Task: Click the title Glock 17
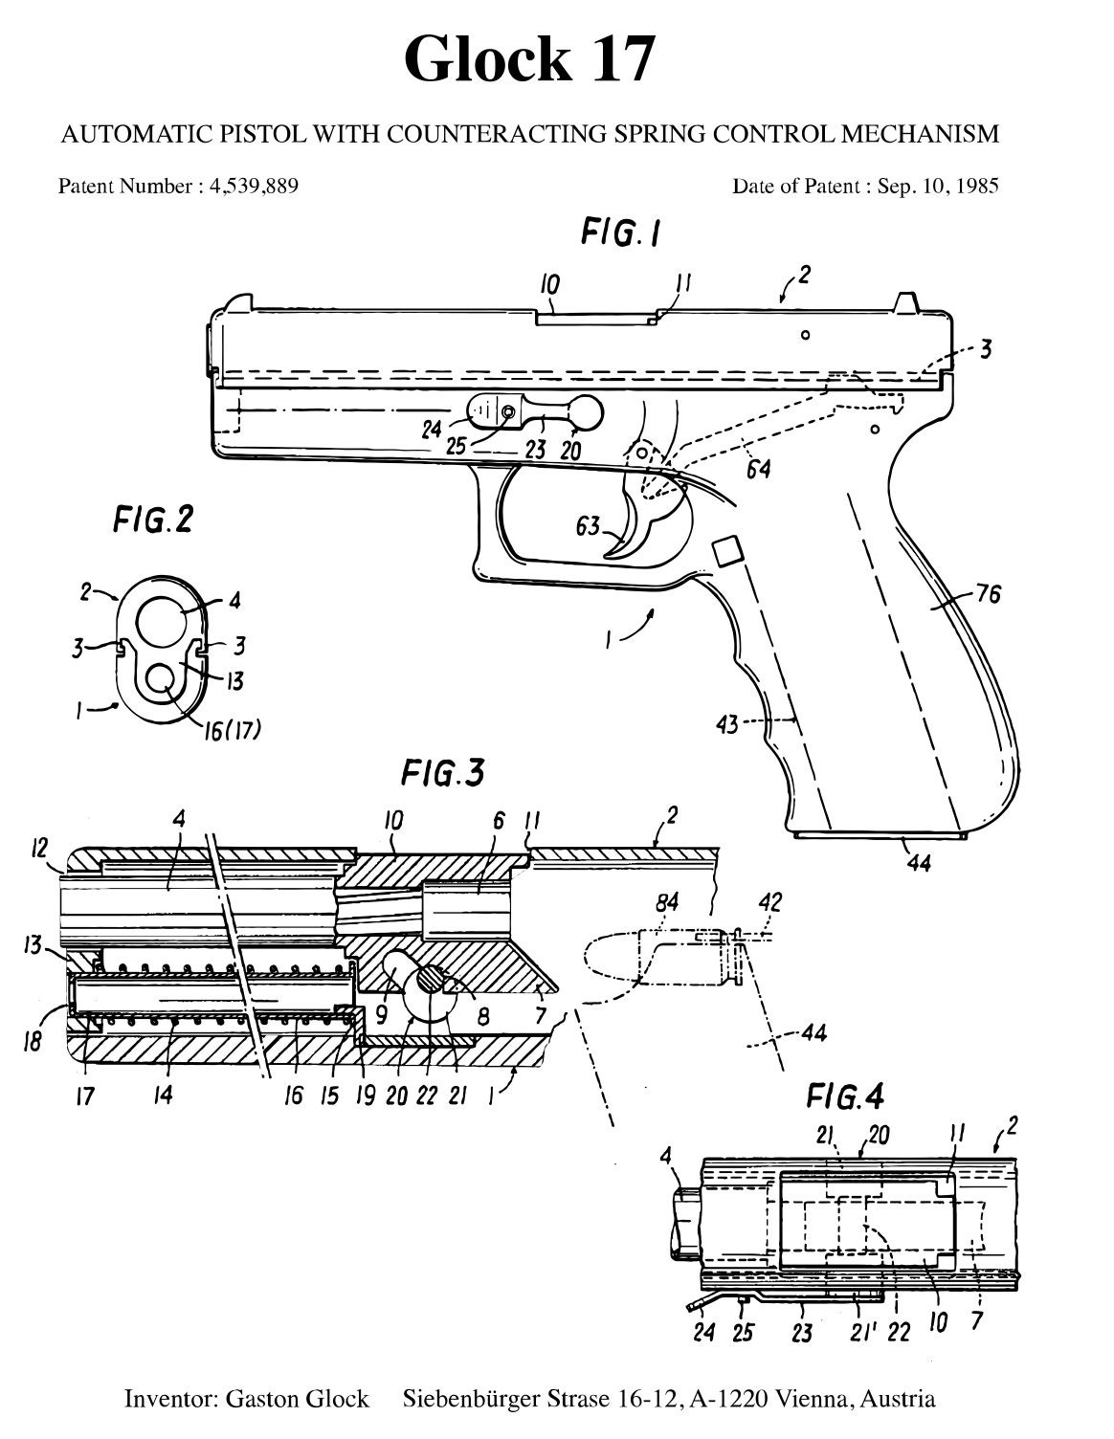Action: [x=529, y=59]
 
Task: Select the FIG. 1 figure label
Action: [x=620, y=233]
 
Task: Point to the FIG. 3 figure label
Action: [x=442, y=773]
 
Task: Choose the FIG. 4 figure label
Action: [x=845, y=1094]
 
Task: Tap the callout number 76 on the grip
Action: [x=988, y=594]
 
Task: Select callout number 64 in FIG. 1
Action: [x=759, y=469]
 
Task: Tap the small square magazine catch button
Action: [x=726, y=551]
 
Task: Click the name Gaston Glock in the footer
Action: [x=297, y=1399]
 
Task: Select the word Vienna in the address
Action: [x=813, y=1399]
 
